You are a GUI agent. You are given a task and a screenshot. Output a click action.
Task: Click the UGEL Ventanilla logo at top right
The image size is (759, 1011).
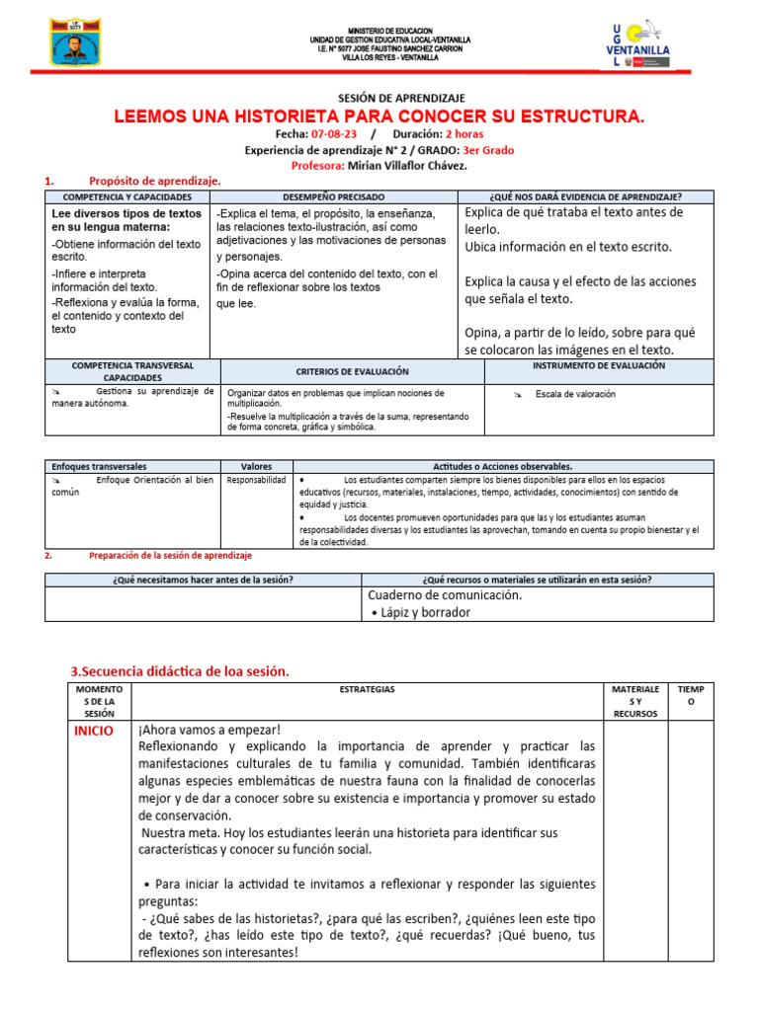tap(640, 43)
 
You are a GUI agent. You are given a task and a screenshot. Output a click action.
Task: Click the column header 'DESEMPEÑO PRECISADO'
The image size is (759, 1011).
tap(333, 196)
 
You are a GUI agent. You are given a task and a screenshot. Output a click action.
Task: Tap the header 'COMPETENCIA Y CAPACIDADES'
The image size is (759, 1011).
tap(128, 196)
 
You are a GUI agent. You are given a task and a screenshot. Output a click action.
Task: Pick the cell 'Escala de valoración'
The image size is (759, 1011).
tap(574, 394)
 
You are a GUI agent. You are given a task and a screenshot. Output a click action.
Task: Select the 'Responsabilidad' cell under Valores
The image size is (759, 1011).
tap(257, 480)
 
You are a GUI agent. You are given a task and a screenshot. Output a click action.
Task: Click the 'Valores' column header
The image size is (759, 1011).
tap(257, 466)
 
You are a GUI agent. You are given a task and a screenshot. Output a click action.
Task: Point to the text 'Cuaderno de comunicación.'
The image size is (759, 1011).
tap(445, 595)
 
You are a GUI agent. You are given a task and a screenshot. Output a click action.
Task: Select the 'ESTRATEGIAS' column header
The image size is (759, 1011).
tap(367, 688)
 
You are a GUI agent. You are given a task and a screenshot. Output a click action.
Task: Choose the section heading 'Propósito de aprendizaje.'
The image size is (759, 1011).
tap(155, 181)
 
